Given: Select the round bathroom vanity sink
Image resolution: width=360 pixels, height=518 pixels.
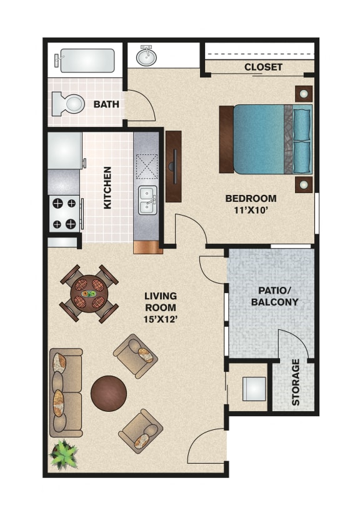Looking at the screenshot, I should click(x=147, y=56).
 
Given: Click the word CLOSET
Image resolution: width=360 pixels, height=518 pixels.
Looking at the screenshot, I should click(x=263, y=67).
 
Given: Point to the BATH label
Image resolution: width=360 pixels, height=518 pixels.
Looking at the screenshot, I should click(x=106, y=104).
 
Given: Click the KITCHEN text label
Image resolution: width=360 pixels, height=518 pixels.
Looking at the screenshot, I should click(x=107, y=187).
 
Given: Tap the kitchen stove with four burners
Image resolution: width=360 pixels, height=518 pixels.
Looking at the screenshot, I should click(x=65, y=213).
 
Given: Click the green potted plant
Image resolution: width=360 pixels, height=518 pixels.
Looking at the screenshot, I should click(x=63, y=454).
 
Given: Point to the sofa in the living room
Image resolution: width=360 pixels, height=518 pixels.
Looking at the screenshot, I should click(x=66, y=392).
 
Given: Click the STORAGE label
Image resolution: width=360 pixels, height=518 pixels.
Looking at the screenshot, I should click(x=296, y=382).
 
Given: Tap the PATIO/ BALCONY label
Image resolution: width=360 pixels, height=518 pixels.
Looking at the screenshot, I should click(x=274, y=296).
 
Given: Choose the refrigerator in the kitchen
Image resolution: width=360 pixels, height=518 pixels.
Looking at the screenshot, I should click(x=65, y=150).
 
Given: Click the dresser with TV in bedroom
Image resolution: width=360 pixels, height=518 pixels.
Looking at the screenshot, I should click(x=173, y=166).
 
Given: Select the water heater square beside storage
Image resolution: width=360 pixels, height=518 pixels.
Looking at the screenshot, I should click(x=254, y=389).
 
